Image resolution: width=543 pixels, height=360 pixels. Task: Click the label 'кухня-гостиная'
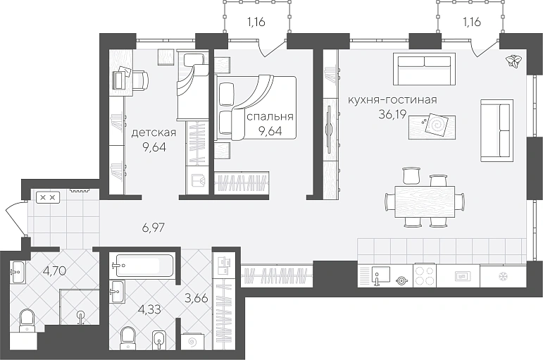pyautogui.click(x=392, y=100)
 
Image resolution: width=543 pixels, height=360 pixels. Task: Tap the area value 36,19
pyautogui.click(x=392, y=114)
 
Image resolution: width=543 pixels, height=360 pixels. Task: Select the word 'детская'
pyautogui.click(x=154, y=132)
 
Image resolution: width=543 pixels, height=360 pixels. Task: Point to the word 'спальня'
pyautogui.click(x=270, y=117)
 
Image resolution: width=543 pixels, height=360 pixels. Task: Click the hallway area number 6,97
pyautogui.click(x=153, y=228)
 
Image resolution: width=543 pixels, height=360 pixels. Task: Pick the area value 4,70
pyautogui.click(x=54, y=271)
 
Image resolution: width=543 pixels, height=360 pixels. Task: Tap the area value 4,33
pyautogui.click(x=149, y=309)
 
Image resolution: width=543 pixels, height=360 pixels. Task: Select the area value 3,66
pyautogui.click(x=196, y=297)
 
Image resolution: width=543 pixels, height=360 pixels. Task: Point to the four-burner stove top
pyautogui.click(x=425, y=275)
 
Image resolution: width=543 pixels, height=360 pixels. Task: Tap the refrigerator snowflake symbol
pyautogui.click(x=501, y=276)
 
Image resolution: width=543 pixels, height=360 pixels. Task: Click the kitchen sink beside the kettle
pyautogui.click(x=380, y=275)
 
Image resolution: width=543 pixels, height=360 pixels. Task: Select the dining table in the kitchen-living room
pyautogui.click(x=425, y=201)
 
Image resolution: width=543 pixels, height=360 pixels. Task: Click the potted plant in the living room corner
pyautogui.click(x=513, y=61)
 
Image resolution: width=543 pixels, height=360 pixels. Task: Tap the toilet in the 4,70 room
pyautogui.click(x=27, y=321)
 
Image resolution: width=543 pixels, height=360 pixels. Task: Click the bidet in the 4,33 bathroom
pyautogui.click(x=159, y=340)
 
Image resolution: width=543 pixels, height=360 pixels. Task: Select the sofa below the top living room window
pyautogui.click(x=424, y=69)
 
